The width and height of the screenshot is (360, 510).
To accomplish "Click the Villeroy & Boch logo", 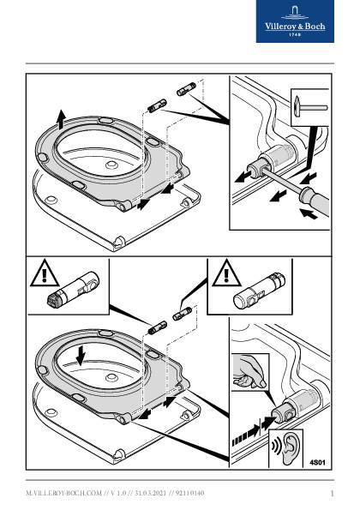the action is tap(295, 21).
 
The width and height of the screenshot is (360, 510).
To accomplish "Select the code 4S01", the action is tap(317, 462).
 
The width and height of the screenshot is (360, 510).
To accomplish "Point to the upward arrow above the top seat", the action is tap(61, 120).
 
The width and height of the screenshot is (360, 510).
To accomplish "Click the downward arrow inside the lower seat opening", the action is tap(80, 355).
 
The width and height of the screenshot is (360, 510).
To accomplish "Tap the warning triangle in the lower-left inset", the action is tap(45, 274).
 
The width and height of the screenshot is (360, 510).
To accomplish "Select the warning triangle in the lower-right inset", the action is tap(226, 274).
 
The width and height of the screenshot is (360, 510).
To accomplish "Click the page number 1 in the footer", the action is tap(332, 494).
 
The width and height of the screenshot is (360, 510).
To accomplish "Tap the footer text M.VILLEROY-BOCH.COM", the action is tap(63, 494).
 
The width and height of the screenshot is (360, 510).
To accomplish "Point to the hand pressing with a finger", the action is tap(250, 372).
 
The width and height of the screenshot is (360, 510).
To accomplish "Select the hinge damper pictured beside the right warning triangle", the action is tap(259, 290).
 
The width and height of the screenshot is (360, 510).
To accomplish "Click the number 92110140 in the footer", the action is tap(190, 494).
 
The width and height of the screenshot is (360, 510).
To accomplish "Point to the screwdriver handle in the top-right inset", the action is tap(315, 201).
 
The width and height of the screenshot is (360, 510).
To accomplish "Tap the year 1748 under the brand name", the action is tap(295, 34).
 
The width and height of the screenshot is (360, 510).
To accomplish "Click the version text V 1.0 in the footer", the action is tap(118, 494).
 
